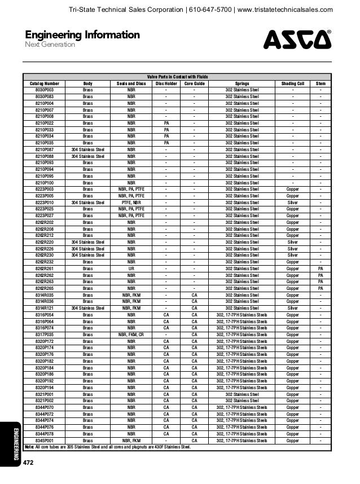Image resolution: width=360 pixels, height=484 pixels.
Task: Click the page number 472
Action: [28, 463]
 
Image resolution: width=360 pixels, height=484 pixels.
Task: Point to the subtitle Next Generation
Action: [50, 45]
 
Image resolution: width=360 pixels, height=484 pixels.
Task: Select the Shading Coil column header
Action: [292, 83]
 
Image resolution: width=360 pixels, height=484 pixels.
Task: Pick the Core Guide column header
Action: [194, 83]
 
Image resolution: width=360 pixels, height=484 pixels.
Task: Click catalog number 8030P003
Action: [44, 90]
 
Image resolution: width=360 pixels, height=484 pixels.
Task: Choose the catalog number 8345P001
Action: [44, 441]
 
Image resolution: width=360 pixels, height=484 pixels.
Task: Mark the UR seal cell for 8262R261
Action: [131, 269]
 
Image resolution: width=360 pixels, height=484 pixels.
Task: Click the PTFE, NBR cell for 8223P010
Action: [131, 201]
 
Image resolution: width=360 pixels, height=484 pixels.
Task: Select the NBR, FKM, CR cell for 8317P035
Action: [131, 334]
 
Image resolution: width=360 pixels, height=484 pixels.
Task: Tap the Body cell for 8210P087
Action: [88, 149]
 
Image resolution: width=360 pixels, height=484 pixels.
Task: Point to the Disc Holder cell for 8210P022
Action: [166, 122]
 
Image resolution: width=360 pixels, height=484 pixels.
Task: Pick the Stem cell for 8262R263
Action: [321, 281]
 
